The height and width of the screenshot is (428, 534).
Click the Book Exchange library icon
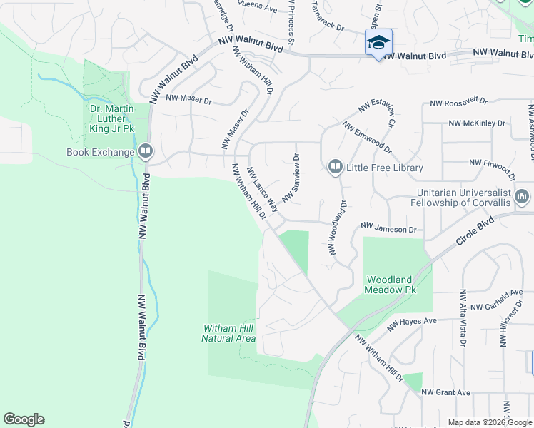tap(145, 151)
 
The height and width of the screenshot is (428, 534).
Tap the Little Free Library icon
tap(335, 168)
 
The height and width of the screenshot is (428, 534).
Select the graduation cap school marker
tap(378, 41)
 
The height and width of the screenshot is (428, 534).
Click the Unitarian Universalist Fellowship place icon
tap(522, 195)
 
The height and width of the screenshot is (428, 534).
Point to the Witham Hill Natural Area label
tap(228, 333)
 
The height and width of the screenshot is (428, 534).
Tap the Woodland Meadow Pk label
tap(390, 285)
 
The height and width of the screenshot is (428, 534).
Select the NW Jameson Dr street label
tap(388, 228)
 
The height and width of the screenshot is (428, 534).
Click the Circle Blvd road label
tap(476, 233)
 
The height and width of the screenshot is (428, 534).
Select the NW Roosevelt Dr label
tap(458, 104)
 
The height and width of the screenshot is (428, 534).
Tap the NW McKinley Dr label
tap(477, 123)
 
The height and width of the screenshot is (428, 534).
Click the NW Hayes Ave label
tap(412, 324)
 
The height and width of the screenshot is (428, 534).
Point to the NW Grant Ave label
tap(445, 392)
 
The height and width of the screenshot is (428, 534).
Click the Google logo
tap(24, 419)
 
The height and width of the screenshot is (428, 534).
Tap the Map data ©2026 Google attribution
tap(490, 422)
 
